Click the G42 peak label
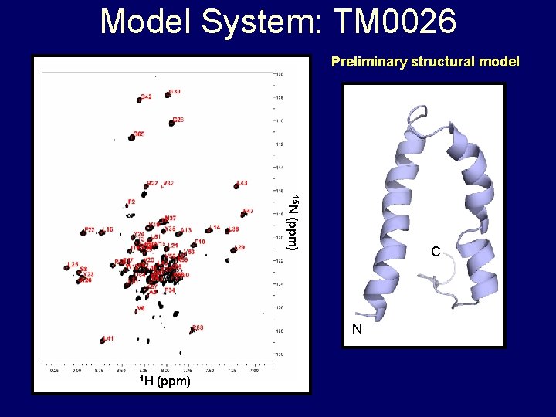(147, 97)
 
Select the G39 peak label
(175, 92)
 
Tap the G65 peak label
(139, 134)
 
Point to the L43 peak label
(242, 184)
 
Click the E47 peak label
(248, 211)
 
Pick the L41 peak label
(108, 338)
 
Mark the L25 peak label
(73, 264)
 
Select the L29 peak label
(239, 247)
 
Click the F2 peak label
(131, 202)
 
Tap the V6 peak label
(141, 308)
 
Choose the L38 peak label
(234, 229)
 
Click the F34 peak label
(170, 291)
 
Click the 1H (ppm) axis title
(165, 381)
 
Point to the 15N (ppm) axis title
(293, 222)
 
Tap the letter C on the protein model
(436, 252)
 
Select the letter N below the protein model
(357, 329)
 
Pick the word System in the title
(247, 22)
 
